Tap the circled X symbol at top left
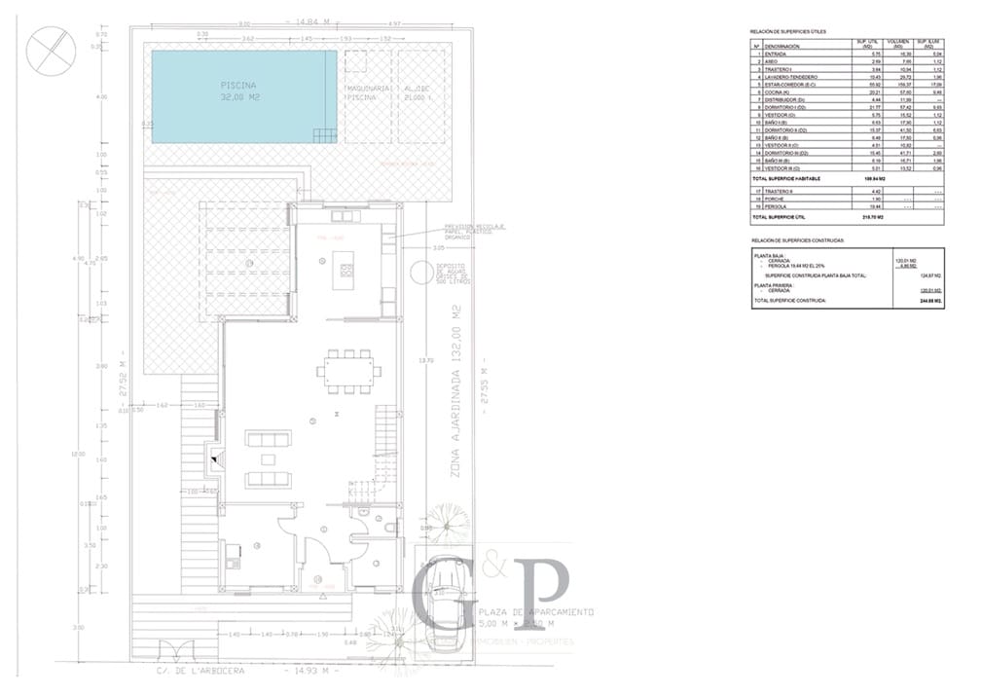point(50,51)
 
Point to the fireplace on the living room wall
point(213,457)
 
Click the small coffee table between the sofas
point(268,458)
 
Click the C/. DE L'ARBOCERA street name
point(200,671)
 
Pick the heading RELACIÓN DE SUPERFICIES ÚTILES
point(788,32)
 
